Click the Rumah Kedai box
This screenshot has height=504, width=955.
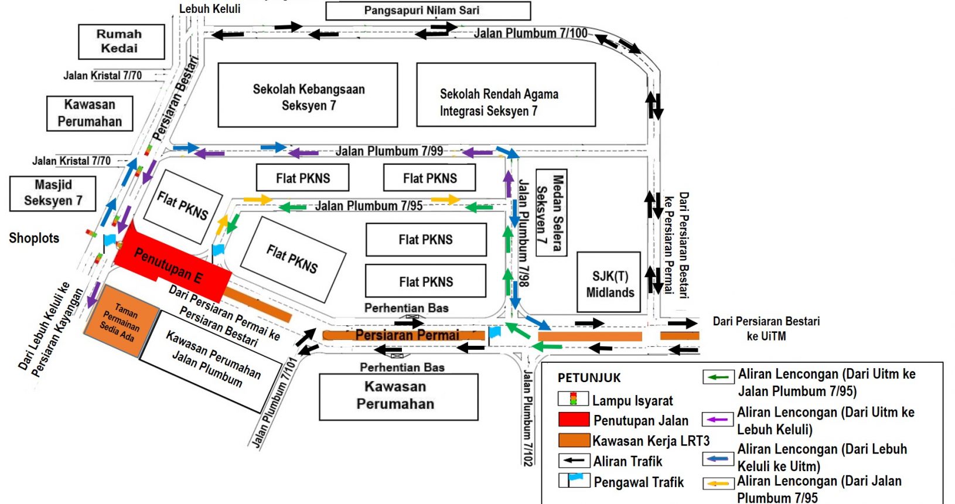click(x=121, y=42)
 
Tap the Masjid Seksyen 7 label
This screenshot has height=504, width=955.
click(x=53, y=193)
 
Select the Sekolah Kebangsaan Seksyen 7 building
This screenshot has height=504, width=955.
click(x=308, y=96)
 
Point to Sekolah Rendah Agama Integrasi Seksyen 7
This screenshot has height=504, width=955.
click(x=505, y=96)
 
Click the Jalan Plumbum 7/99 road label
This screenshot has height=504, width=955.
click(x=389, y=151)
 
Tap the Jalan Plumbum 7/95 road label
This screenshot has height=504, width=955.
click(x=369, y=206)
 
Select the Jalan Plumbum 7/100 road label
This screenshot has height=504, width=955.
click(x=530, y=33)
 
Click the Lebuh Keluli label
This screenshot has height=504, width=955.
click(x=210, y=9)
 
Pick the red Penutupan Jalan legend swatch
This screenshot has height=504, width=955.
click(x=574, y=420)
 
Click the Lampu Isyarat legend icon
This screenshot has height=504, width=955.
click(x=572, y=400)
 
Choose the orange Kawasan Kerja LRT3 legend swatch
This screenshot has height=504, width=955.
click(x=574, y=441)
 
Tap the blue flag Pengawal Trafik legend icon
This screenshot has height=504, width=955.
click(x=574, y=481)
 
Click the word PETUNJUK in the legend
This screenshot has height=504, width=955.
click(x=589, y=378)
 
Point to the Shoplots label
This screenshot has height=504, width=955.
click(x=34, y=238)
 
